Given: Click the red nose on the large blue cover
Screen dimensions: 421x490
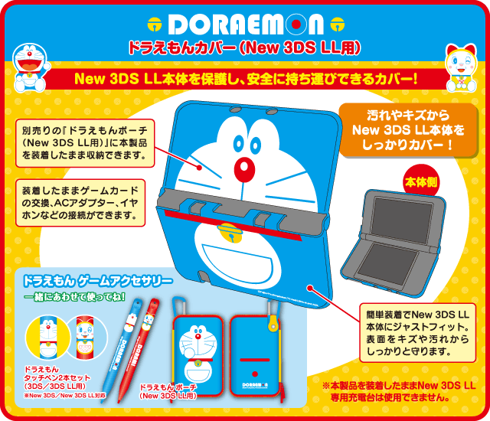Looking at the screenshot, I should tap(243, 168).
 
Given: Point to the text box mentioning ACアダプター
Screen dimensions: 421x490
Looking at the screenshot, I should tap(80, 203).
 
